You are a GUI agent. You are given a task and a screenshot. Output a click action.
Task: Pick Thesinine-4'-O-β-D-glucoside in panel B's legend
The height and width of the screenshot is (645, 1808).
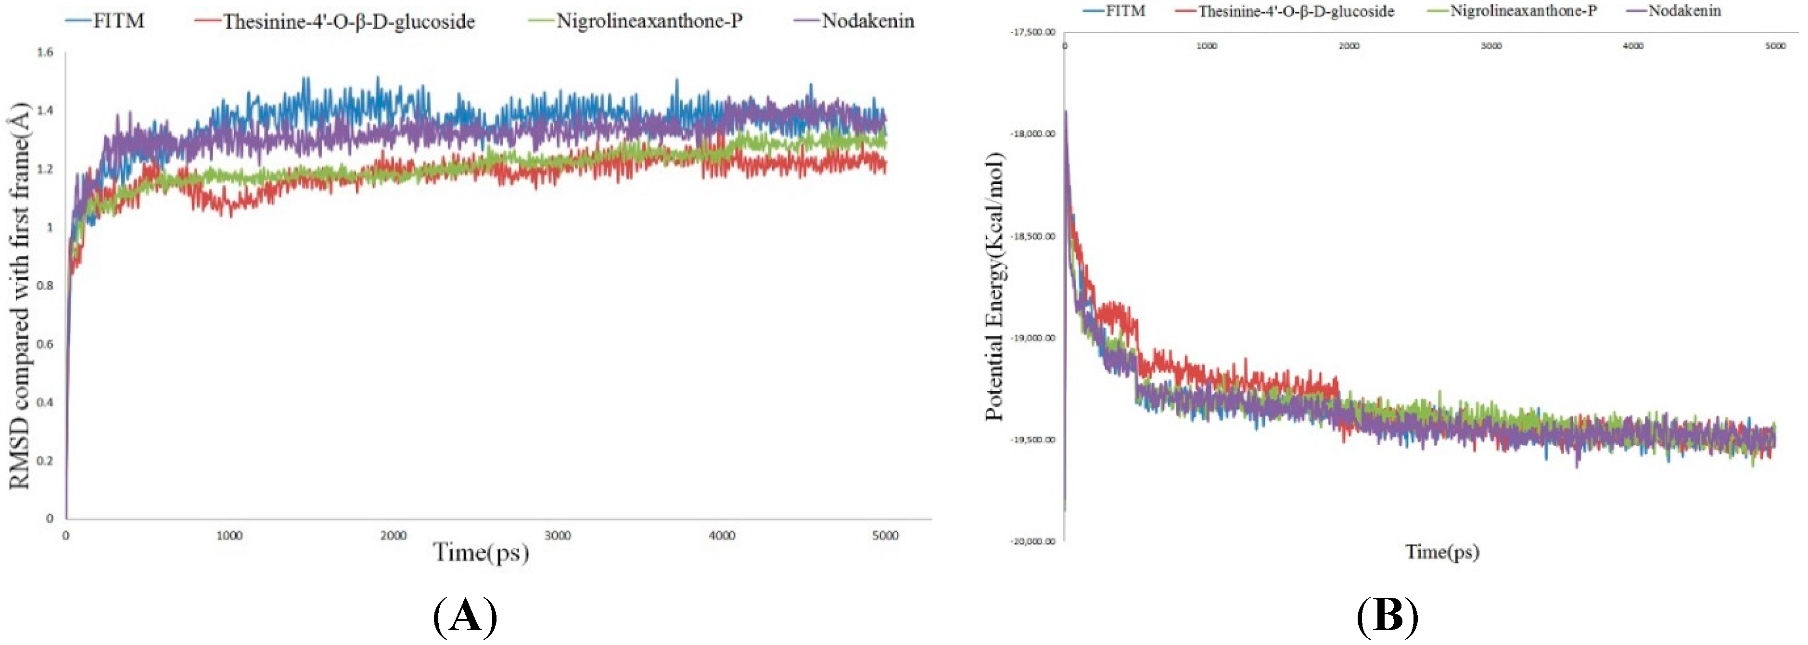[1296, 11]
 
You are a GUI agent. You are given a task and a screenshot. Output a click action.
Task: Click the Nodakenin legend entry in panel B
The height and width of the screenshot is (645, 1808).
[1684, 11]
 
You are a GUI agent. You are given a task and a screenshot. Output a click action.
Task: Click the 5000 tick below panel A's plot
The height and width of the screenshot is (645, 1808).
[886, 536]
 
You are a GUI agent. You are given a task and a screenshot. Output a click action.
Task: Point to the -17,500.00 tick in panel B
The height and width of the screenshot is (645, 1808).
[1032, 32]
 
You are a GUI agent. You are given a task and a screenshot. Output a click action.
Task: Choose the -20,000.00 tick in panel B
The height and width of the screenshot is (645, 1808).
[1032, 541]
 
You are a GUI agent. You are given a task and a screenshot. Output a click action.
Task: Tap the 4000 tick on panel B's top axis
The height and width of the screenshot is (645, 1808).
[1633, 46]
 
